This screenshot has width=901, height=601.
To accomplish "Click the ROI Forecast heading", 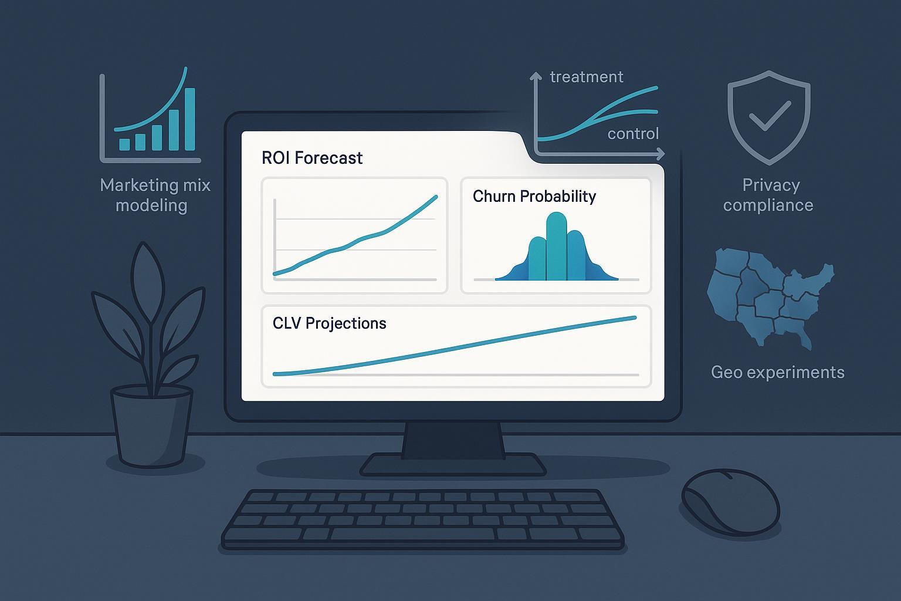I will [x=312, y=158].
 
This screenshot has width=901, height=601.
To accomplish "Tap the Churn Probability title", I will [x=534, y=196].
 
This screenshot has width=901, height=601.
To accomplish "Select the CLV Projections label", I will [x=329, y=323].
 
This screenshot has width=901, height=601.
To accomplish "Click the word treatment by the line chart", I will [x=586, y=77].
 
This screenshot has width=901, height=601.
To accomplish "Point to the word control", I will [x=633, y=134].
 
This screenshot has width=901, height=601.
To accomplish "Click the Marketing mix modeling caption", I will [x=154, y=195].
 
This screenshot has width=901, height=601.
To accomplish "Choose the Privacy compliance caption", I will [x=769, y=195].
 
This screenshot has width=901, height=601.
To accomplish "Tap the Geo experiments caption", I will [x=777, y=372].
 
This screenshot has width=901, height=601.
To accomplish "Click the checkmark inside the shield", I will [x=769, y=115].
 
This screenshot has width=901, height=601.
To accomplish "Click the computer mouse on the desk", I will [x=730, y=502].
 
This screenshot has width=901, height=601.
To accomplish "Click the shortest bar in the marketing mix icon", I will [x=124, y=144].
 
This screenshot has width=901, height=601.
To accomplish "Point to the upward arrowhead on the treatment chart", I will [x=535, y=76].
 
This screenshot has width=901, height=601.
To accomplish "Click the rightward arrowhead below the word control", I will [x=660, y=154].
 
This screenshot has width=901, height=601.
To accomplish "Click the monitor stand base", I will [x=452, y=465].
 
